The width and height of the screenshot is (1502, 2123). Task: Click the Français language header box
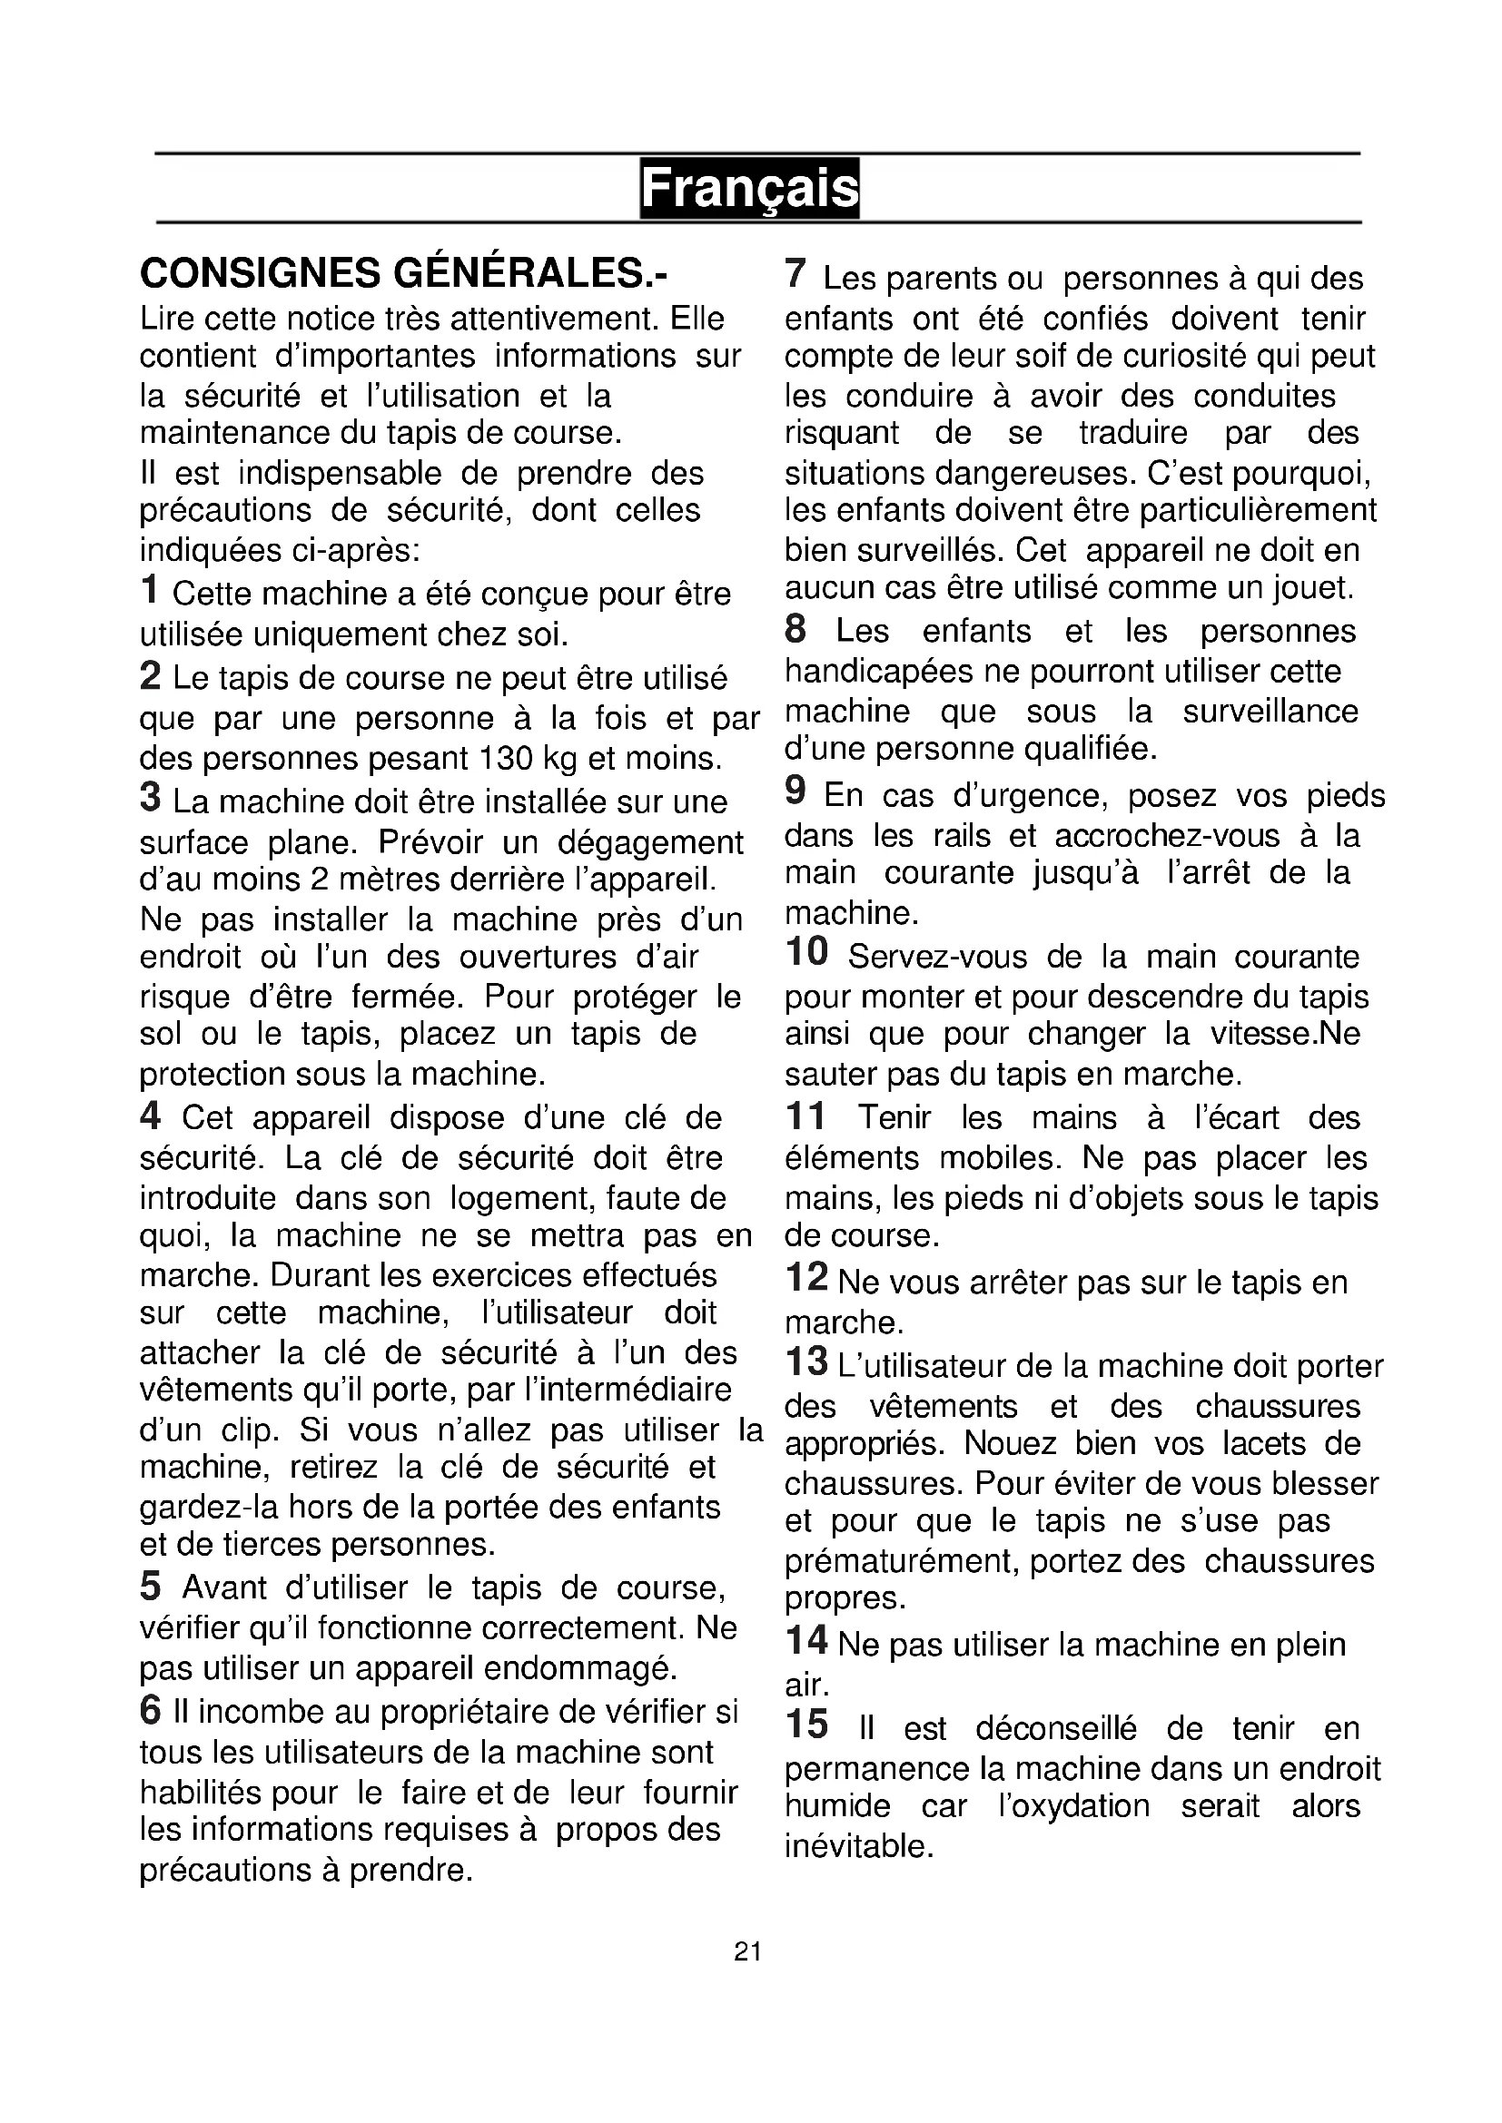click(x=749, y=189)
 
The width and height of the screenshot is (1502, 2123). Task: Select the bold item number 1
click(x=150, y=590)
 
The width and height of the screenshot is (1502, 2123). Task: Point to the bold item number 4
click(x=151, y=1116)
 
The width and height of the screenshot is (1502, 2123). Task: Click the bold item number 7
click(x=795, y=275)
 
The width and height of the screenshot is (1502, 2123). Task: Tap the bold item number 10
click(x=806, y=952)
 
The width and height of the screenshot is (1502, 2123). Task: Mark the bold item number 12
click(x=806, y=1278)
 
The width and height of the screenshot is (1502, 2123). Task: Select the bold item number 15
click(x=806, y=1725)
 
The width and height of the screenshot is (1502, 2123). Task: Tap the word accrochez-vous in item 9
click(x=1167, y=836)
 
